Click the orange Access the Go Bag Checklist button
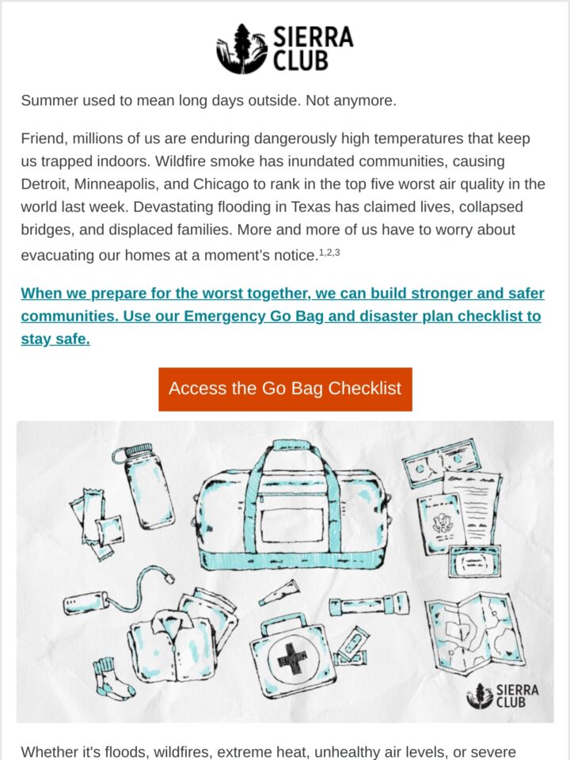[x=285, y=389]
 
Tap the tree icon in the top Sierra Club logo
[x=242, y=48]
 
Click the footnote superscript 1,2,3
[x=329, y=252]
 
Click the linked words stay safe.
[x=55, y=339]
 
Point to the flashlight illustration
[x=369, y=606]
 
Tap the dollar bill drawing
[x=441, y=462]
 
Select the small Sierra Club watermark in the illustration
[x=502, y=696]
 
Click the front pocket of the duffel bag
[x=292, y=525]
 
